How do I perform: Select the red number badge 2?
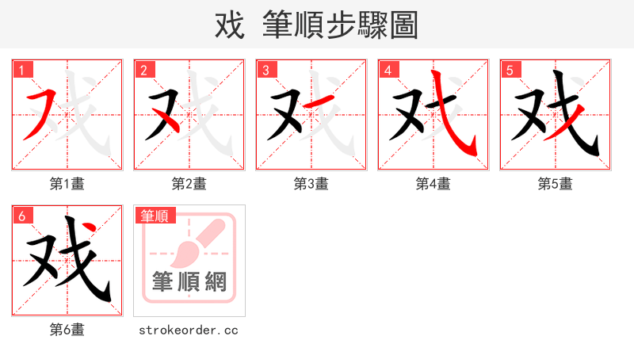(144, 71)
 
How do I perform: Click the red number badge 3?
(266, 71)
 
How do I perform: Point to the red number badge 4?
(388, 71)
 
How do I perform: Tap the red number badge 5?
(510, 71)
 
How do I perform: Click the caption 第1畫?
(67, 184)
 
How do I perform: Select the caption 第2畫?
(189, 184)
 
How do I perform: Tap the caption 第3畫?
(311, 184)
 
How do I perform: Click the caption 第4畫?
(433, 184)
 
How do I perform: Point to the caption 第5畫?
(556, 184)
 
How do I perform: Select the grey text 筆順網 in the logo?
(189, 282)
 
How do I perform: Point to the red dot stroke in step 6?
(93, 230)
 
